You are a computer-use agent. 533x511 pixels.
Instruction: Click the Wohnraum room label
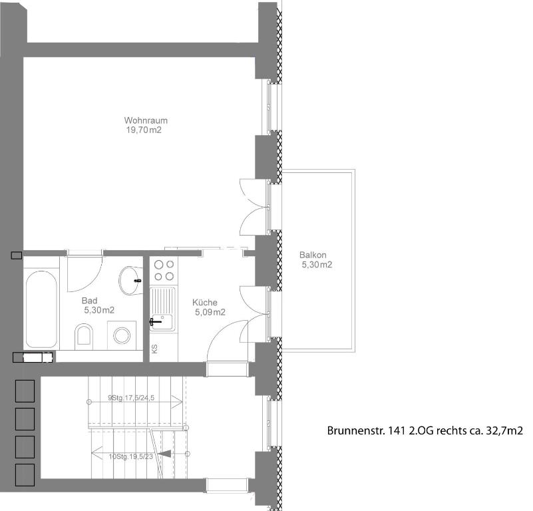pos(146,120)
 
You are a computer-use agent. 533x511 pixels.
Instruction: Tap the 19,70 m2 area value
pos(144,130)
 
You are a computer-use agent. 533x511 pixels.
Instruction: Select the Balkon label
pos(313,255)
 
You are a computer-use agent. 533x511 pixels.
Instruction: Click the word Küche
pos(205,302)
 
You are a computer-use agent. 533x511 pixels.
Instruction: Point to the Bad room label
pos(89,301)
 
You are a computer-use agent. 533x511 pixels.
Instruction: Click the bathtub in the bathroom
pos(41,309)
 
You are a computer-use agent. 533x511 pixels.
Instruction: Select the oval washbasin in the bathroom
pos(130,281)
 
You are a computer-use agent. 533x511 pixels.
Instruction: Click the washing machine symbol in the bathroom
pos(122,335)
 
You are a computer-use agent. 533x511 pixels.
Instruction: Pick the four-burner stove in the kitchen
pos(164,270)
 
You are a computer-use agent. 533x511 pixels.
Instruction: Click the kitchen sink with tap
pos(163,309)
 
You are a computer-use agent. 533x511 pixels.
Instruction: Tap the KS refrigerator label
pos(154,349)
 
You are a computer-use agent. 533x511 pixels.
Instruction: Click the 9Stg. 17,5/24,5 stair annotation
pos(131,397)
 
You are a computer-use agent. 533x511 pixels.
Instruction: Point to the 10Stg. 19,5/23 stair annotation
pos(131,456)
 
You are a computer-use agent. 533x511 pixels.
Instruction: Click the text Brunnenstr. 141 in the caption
pos(366,430)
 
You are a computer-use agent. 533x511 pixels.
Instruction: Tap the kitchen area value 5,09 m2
pos(210,312)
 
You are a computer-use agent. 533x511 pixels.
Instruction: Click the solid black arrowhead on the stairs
pos(165,454)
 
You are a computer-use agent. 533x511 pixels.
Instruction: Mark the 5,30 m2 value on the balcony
pos(317,265)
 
